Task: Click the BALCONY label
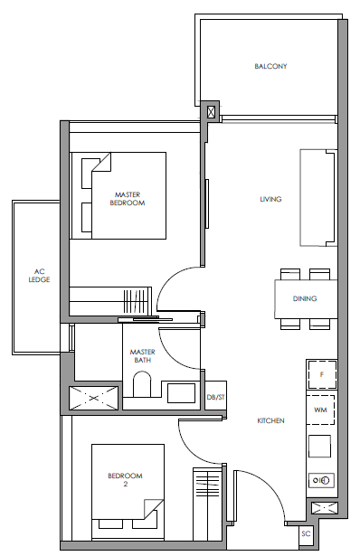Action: click(x=270, y=66)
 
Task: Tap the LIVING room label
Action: click(x=270, y=199)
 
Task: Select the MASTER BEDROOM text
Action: click(x=128, y=199)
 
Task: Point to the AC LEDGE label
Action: click(x=39, y=276)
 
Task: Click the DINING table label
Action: click(x=305, y=298)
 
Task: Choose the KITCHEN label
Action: click(x=270, y=421)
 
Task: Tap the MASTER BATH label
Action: click(x=142, y=356)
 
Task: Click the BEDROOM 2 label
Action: click(x=125, y=479)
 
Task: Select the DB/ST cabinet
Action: click(x=215, y=396)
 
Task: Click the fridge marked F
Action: click(x=322, y=375)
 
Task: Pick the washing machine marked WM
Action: click(x=320, y=410)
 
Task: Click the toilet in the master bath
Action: click(x=142, y=384)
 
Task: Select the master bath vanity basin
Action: click(x=181, y=393)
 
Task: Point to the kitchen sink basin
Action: click(x=319, y=446)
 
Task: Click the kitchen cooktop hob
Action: click(x=321, y=480)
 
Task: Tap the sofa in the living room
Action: click(x=318, y=197)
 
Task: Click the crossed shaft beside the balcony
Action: click(x=212, y=112)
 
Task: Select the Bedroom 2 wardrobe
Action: click(x=207, y=504)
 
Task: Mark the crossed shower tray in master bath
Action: click(x=94, y=398)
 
